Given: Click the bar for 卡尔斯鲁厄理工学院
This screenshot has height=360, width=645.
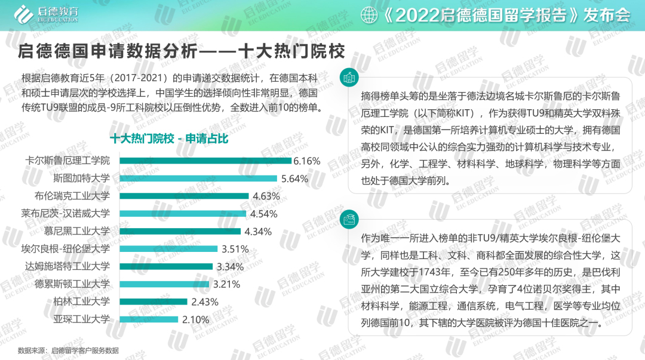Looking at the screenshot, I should (205, 161).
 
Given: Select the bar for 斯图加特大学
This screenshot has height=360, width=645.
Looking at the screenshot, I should (198, 178).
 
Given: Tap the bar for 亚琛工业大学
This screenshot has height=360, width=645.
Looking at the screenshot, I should (149, 319).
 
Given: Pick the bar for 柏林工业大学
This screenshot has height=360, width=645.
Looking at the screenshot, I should (153, 301).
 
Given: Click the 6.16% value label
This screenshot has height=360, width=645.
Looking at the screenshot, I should (307, 161).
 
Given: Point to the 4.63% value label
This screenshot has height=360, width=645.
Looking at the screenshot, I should (266, 196).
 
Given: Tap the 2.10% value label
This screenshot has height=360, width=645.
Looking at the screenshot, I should (195, 319).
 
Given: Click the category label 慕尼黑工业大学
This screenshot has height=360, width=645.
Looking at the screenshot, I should (77, 231).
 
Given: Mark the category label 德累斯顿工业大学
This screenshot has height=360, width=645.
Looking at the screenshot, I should (72, 284).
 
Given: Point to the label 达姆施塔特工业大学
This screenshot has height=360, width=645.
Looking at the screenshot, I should (67, 266).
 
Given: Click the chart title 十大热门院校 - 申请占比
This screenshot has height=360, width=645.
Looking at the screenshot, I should (169, 139).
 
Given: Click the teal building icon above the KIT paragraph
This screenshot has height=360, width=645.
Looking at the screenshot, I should (349, 78).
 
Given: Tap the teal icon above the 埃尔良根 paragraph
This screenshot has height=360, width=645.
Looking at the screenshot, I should (349, 220).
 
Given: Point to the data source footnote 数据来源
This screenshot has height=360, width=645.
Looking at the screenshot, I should (68, 350).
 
